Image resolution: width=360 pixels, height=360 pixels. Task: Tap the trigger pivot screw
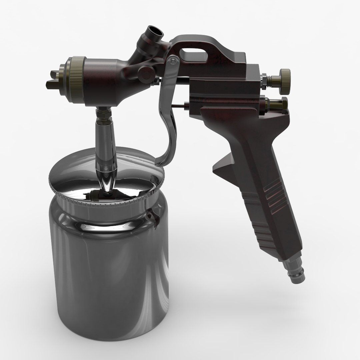pyautogui.click(x=172, y=61)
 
